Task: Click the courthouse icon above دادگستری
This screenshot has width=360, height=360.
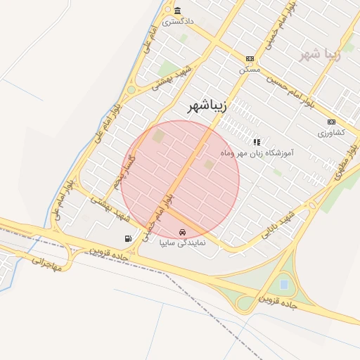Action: point(177,11)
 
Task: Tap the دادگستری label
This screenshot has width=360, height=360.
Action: point(178,22)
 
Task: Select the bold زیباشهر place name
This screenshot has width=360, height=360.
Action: point(207,107)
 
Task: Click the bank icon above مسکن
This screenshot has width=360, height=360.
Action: point(250,59)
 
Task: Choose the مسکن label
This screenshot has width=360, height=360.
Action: point(250,70)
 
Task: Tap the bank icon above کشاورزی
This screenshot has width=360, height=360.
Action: point(331,122)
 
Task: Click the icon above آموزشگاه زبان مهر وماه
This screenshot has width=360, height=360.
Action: point(257,142)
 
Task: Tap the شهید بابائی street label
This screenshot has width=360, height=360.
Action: point(278,224)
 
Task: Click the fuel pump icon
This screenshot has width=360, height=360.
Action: point(128,238)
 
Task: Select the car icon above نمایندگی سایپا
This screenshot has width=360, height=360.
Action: point(183,232)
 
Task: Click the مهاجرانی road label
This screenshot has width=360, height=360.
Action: point(47,264)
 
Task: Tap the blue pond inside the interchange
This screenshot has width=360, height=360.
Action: point(283,285)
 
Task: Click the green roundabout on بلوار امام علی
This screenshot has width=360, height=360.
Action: point(131,89)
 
